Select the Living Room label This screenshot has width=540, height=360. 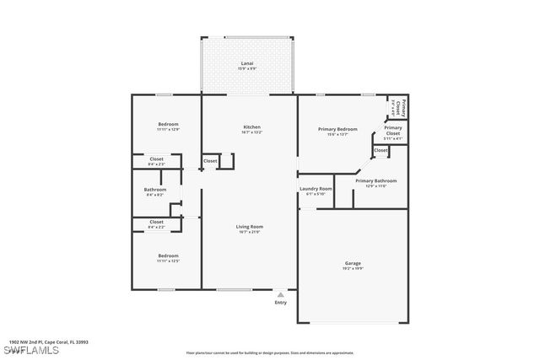pos(250,226)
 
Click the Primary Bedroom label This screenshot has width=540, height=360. pos(337,129)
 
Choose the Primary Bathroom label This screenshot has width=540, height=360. pos(375,180)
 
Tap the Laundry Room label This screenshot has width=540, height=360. pos(316,189)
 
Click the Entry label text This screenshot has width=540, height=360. pos(280,303)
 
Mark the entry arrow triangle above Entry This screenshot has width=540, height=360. pos(280,294)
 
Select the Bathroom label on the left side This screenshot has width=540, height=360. pos(154,190)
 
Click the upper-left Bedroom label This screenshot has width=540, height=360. pos(167,124)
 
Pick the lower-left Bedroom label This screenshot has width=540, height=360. pos(167,255)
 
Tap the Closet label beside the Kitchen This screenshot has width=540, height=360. pos(210,160)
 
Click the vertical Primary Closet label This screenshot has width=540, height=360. pos(404,107)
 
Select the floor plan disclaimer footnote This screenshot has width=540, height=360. pos(269,352)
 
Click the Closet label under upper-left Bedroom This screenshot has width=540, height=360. pos(156,158)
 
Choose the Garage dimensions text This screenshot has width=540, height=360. pos(353,268)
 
